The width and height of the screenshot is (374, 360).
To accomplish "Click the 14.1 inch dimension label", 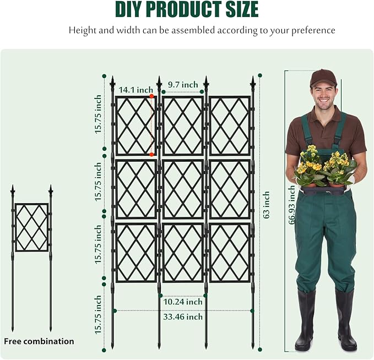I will (x=135, y=90).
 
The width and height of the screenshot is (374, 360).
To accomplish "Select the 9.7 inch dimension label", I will (x=183, y=84).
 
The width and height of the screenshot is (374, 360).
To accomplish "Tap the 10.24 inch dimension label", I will (x=183, y=302).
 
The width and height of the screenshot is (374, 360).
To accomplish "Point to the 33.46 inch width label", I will (x=183, y=317).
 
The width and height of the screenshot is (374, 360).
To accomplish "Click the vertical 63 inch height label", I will (x=267, y=205).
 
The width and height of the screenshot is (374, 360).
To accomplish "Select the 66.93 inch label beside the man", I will (x=291, y=205).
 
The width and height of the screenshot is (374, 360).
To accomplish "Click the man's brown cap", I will (x=323, y=78).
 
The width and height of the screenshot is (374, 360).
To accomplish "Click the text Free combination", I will (x=39, y=341).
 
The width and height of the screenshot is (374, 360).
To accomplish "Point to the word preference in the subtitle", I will (x=310, y=30).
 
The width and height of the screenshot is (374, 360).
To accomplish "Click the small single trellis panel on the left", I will (x=31, y=227).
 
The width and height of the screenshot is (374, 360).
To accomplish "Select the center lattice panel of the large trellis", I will (x=183, y=189).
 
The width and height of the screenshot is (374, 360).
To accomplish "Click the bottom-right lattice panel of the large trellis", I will (x=230, y=253).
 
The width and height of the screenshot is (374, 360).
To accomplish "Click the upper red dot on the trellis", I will (x=151, y=96).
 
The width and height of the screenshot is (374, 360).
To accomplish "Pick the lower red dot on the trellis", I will (x=151, y=155).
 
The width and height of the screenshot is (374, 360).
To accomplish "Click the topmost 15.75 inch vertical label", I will (x=98, y=114).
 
